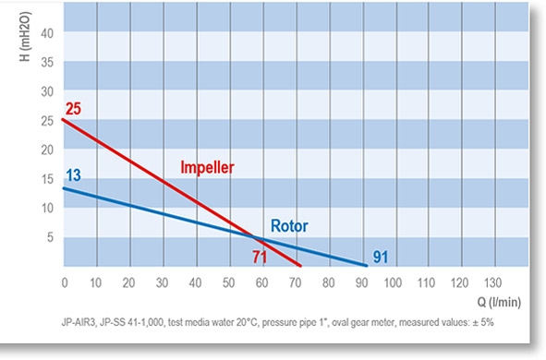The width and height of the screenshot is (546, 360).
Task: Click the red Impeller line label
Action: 207,168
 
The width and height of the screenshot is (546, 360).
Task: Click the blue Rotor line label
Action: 289,226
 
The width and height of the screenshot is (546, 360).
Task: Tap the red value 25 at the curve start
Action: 73,109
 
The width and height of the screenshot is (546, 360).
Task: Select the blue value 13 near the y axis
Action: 74,175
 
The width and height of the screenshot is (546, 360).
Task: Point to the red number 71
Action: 260,258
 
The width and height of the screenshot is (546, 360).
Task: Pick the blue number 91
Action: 381,258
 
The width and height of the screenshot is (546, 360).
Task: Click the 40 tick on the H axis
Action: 47,33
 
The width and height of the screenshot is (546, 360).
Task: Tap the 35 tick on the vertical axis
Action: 47,63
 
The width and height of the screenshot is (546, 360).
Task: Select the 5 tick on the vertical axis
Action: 51,237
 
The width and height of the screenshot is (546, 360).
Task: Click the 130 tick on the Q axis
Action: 492,282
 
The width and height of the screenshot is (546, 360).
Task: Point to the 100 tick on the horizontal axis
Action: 393,282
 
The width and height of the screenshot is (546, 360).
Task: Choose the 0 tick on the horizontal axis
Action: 65,282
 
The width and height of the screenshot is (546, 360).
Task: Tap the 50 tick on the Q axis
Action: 228,282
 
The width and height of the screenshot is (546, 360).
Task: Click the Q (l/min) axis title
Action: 499,302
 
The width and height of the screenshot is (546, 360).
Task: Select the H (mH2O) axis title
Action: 26,37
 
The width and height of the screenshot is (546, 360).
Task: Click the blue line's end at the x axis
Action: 367,266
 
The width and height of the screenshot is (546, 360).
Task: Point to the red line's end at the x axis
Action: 300,266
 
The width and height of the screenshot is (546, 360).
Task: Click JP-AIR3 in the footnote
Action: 78,323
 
